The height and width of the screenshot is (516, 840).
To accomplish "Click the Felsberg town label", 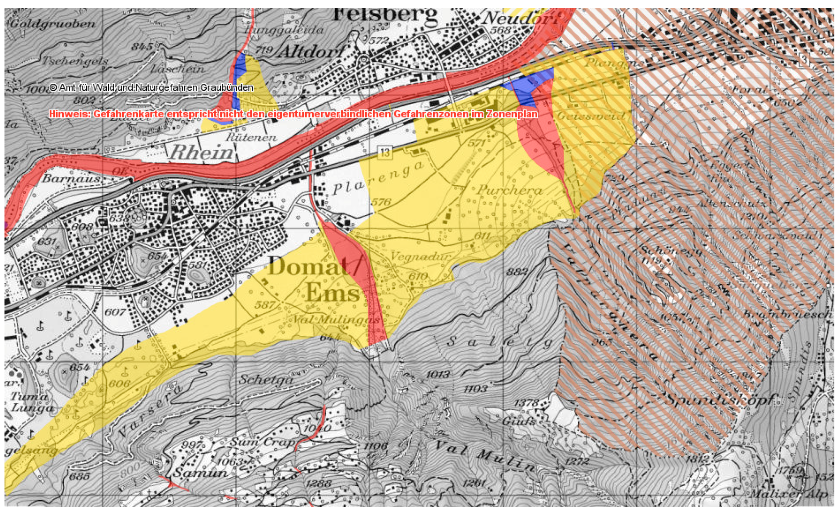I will (x=385, y=15).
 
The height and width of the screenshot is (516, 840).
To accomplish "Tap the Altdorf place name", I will (x=312, y=52).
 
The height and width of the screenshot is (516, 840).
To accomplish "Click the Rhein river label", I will (x=202, y=152).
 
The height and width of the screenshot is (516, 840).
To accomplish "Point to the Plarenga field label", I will (x=379, y=179).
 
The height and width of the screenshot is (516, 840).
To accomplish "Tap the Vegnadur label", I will (x=420, y=256).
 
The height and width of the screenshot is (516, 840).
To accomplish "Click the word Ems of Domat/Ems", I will (x=333, y=293).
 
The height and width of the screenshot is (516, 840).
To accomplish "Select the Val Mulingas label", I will (x=337, y=320).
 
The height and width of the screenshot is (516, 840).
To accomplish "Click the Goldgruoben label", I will (x=53, y=24).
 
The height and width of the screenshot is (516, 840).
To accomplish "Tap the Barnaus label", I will (x=72, y=178).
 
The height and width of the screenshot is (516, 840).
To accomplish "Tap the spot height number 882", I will (x=517, y=272).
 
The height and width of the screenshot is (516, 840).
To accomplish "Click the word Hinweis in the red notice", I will (x=69, y=114).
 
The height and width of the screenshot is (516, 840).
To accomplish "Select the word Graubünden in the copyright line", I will (x=227, y=88).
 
